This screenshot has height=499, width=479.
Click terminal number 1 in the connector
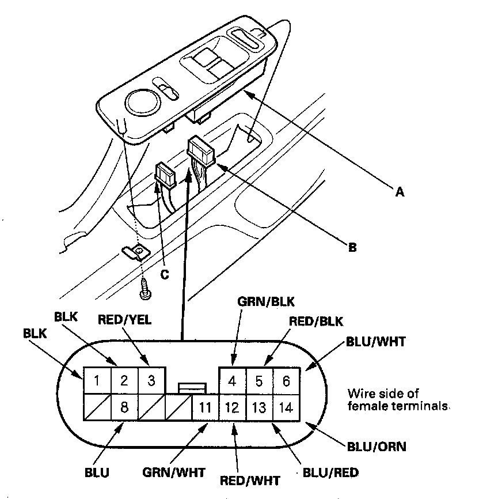(97, 380)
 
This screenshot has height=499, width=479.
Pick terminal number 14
(286, 408)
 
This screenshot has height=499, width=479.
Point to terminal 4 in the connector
(233, 381)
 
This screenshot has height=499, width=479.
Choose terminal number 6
(286, 381)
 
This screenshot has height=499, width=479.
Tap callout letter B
(352, 248)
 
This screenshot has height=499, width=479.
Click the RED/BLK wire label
(310, 321)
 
